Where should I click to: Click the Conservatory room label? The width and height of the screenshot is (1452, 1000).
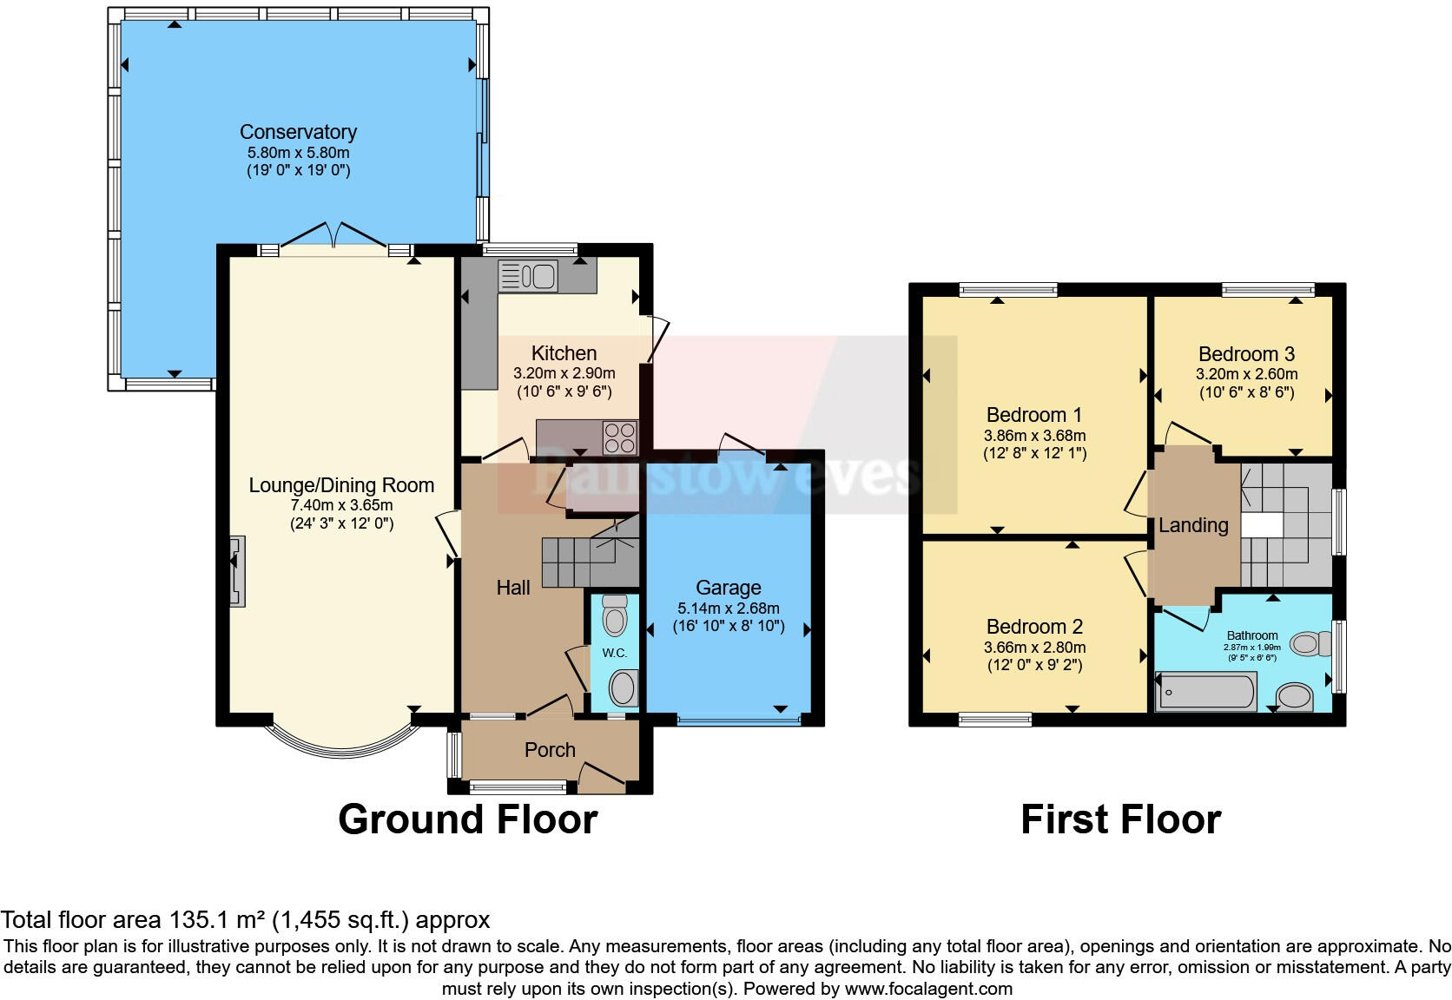coord(298,132)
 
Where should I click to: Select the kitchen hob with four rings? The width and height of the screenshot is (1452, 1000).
coord(620,437)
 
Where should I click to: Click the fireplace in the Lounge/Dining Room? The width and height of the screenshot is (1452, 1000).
coord(236,570)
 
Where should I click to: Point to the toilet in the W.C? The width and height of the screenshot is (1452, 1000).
coord(615,616)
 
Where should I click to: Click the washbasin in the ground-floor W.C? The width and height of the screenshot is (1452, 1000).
coord(622,690)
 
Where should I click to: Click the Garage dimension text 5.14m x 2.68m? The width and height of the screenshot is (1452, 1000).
coord(728,609)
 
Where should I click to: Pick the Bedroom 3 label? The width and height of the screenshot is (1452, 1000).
coord(1246,354)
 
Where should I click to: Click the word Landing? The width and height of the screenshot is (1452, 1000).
coord(1193,525)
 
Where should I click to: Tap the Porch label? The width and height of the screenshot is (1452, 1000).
coord(550,750)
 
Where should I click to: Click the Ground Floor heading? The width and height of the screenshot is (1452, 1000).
coord(467,819)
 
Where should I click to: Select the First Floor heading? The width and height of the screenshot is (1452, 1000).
coord(1120,819)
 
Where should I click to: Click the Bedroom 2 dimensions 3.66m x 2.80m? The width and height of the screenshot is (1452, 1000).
coord(1034,648)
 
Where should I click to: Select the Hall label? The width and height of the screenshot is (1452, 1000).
coord(513,588)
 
